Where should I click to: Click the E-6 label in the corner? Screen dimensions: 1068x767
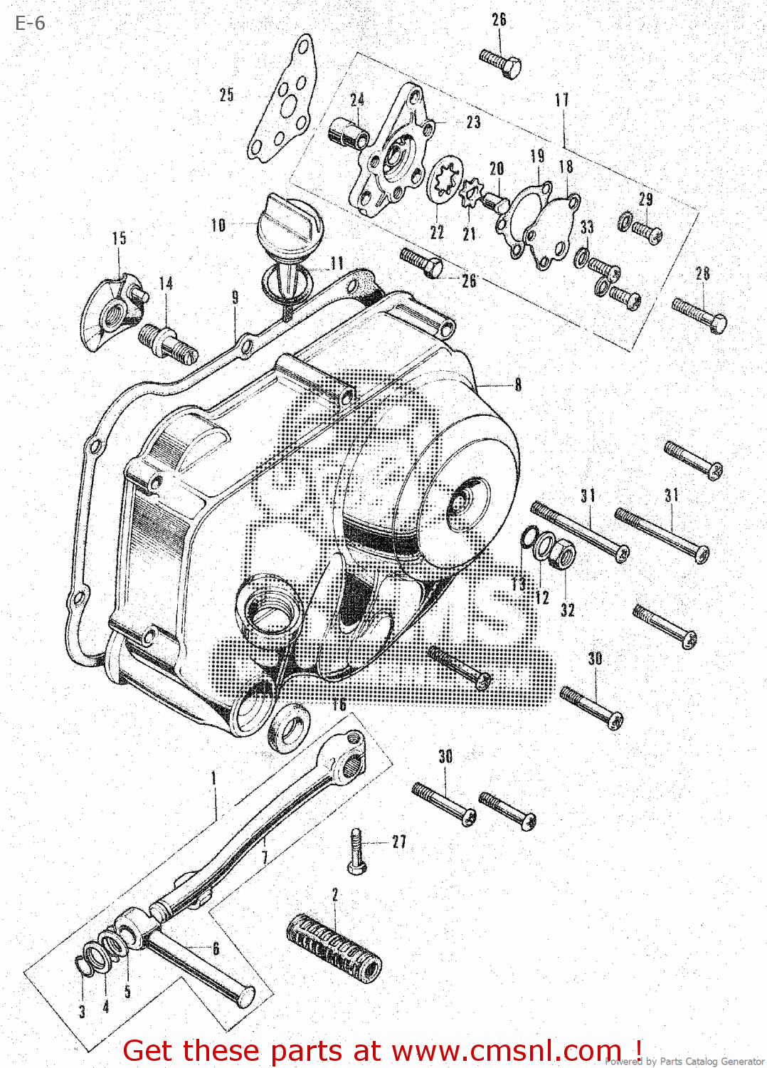click(x=30, y=23)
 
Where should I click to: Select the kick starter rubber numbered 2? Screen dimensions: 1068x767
click(x=334, y=946)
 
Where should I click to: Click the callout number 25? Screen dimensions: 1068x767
click(x=226, y=95)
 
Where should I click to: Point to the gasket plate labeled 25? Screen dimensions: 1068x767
click(x=283, y=100)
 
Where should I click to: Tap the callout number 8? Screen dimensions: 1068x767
click(x=518, y=384)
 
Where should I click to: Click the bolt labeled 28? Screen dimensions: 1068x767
click(x=699, y=314)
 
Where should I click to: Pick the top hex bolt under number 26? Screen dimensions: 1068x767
click(x=501, y=63)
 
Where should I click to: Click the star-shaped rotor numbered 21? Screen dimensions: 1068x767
click(x=470, y=193)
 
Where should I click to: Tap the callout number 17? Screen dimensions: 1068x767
click(x=562, y=100)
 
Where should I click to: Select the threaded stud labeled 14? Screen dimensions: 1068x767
click(x=169, y=341)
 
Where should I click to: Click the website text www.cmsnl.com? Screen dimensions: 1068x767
click(x=506, y=1051)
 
